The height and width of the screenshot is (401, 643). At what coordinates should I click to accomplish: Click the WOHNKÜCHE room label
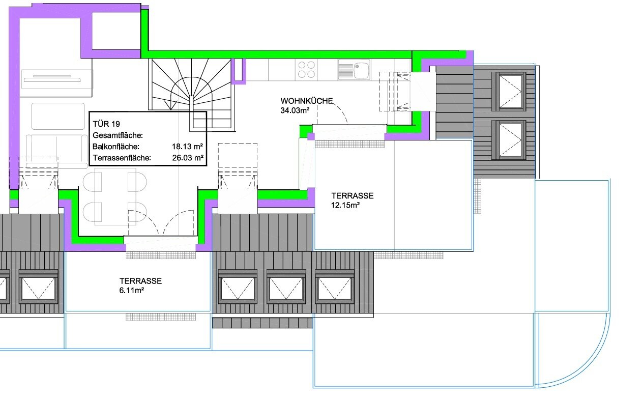[307, 101]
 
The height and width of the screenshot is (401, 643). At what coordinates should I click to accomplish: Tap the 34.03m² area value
[295, 110]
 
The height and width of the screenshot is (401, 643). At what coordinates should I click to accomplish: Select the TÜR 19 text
[106, 124]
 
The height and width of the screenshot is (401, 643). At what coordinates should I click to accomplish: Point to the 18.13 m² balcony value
[187, 147]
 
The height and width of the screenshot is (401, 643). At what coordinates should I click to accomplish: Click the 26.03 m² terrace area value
[188, 158]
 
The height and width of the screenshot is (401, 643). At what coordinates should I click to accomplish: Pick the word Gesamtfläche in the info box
[118, 135]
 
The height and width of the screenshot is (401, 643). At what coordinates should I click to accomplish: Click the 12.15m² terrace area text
[345, 205]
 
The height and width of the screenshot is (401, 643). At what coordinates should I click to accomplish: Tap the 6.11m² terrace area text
[131, 290]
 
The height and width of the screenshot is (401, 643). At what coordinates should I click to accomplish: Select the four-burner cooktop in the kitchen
[306, 70]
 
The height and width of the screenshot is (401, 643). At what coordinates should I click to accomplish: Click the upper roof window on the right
[509, 92]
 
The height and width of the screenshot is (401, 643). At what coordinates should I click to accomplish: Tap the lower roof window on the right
[509, 140]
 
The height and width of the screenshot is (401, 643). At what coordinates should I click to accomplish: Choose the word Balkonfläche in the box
[115, 147]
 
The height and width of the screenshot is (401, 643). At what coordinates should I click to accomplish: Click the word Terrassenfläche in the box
[122, 158]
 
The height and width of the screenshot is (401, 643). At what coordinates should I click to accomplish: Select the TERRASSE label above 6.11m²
[140, 280]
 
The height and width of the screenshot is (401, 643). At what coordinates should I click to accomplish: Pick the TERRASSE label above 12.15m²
[353, 195]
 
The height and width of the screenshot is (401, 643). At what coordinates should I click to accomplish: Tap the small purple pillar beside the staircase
[239, 71]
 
